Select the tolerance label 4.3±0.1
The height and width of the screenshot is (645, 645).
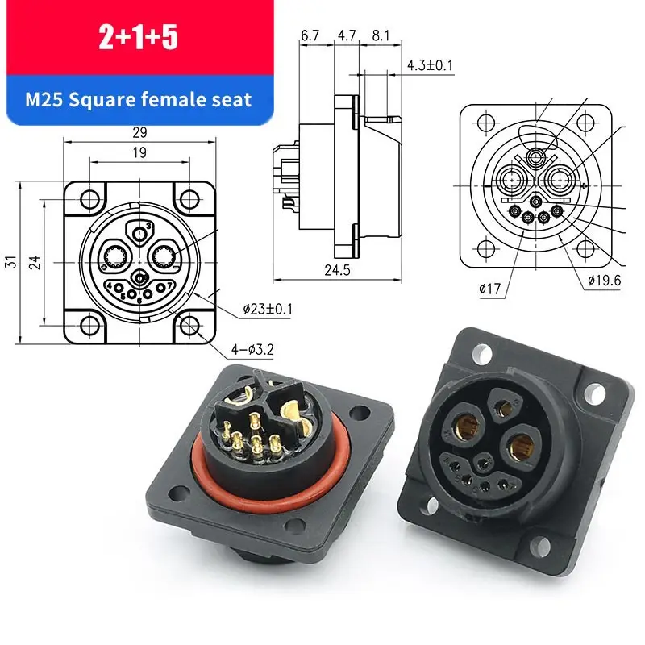coord(431,63)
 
